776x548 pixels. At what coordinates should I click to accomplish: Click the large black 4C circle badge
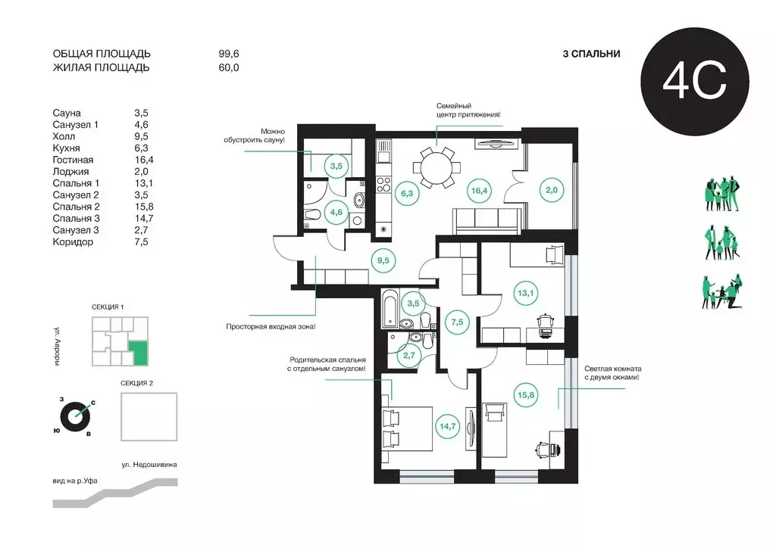tap(695, 82)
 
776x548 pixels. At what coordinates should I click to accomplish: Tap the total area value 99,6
tap(229, 54)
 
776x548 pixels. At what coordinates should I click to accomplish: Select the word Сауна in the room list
tap(67, 114)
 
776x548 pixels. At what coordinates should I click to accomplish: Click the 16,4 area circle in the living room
tap(479, 190)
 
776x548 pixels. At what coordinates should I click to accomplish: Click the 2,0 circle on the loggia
tap(552, 190)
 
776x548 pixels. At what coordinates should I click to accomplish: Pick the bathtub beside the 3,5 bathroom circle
tap(390, 309)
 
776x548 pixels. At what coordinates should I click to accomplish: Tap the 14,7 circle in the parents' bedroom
tap(447, 426)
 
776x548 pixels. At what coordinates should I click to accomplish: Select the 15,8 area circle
tap(526, 395)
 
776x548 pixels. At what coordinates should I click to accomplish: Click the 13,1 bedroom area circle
tap(526, 293)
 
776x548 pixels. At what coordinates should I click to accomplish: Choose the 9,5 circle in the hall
tap(383, 260)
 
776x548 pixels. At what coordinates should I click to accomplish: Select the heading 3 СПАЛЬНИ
tap(591, 54)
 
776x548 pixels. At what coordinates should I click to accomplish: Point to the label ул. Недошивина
tap(149, 465)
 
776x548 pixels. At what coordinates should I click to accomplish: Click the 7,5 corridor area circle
tap(457, 322)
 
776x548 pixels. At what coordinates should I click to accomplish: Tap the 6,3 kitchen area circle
tap(407, 193)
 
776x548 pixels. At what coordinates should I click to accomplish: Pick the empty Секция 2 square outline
tap(149, 416)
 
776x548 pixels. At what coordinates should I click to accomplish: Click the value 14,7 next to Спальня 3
tap(143, 219)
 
